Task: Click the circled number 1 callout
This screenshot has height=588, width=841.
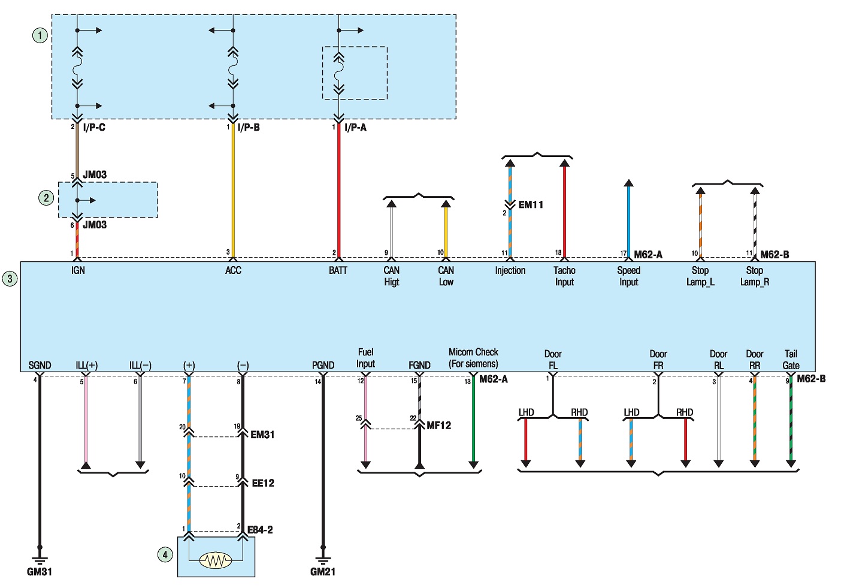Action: (x=40, y=36)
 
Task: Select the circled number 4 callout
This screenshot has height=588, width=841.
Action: (x=165, y=554)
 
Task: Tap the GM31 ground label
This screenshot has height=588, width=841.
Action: (x=40, y=572)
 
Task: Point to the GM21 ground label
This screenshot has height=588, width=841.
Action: (x=322, y=572)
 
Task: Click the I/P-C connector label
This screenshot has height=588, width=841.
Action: (x=94, y=127)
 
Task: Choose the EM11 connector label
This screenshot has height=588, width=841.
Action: (x=531, y=205)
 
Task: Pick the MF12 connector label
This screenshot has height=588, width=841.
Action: (x=438, y=426)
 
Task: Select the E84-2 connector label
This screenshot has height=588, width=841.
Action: (x=260, y=530)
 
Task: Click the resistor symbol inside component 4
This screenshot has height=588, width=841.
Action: (x=215, y=561)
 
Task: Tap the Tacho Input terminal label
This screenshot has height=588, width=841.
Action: (x=564, y=276)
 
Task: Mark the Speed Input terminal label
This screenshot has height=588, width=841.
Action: (x=628, y=276)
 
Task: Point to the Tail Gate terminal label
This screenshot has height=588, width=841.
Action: (x=791, y=360)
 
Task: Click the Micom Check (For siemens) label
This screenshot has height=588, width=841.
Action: (x=473, y=358)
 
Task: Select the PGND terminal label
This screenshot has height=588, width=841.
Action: (x=323, y=365)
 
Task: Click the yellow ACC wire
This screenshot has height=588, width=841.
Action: (x=233, y=191)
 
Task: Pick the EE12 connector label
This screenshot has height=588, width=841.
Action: (x=263, y=483)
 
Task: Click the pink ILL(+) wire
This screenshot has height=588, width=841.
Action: (x=86, y=420)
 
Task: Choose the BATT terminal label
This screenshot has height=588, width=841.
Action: (x=338, y=270)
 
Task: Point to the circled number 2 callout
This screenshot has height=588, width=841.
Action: (x=46, y=198)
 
